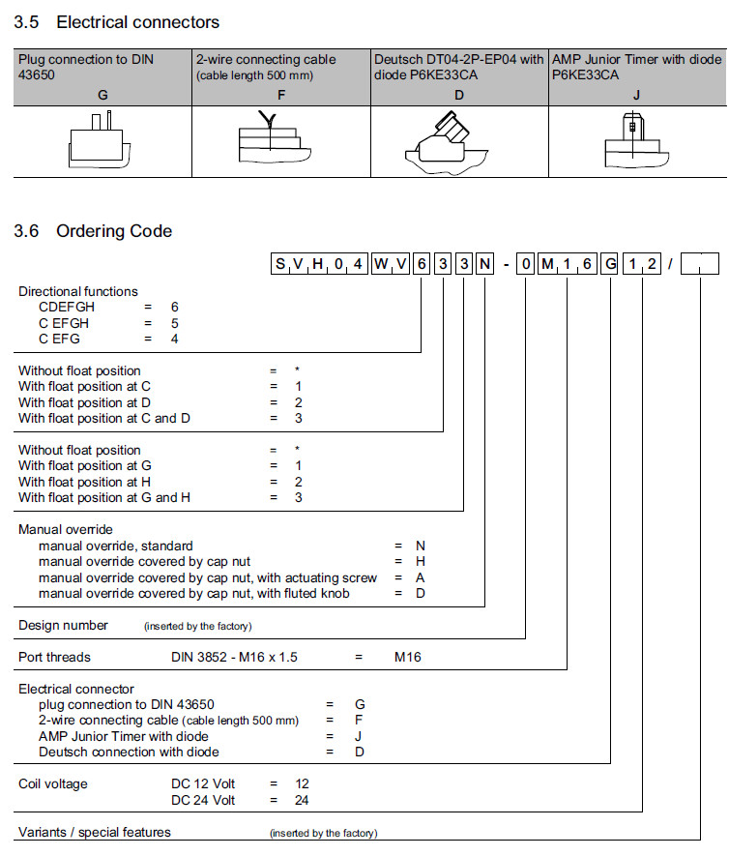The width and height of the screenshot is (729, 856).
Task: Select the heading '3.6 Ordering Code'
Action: [x=93, y=231]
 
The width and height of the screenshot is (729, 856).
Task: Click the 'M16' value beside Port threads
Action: [x=407, y=658]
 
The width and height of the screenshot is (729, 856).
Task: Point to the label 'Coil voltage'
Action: [x=53, y=783]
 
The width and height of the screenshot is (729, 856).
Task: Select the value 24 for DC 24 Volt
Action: [x=302, y=800]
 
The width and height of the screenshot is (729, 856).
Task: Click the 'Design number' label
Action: [x=64, y=625]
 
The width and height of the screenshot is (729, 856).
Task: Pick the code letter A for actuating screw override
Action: [x=420, y=577]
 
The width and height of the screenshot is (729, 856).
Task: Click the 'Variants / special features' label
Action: [x=95, y=832]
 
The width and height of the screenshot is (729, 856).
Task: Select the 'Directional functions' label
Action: [x=78, y=291]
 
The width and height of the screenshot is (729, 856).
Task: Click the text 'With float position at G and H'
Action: [x=104, y=497]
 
